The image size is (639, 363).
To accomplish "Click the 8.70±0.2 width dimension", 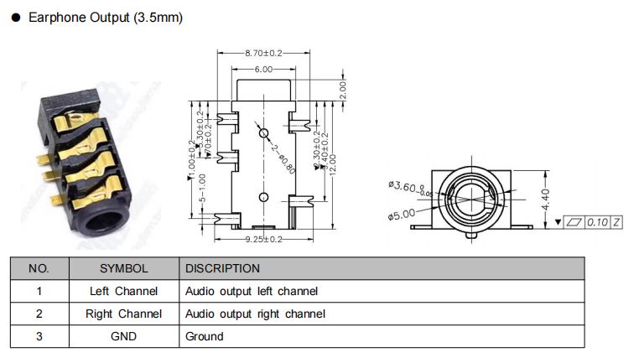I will [264, 53].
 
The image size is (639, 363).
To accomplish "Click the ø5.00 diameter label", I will [402, 214].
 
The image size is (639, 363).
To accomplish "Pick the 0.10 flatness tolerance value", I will [597, 222].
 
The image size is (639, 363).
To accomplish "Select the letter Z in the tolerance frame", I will [616, 222].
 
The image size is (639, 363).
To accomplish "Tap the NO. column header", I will [39, 268].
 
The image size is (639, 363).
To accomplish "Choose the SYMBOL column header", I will [123, 268].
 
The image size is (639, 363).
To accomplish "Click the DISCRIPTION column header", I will [222, 268].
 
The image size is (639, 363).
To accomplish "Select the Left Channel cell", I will [123, 292].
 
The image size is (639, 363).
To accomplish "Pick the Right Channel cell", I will [123, 314].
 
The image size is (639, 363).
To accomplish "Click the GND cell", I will [123, 336].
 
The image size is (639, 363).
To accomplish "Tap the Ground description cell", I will [205, 336].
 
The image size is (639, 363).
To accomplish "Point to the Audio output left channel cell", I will [252, 292].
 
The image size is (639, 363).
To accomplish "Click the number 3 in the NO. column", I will [39, 336].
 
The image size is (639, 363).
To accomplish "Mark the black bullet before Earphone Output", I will [15, 18].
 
